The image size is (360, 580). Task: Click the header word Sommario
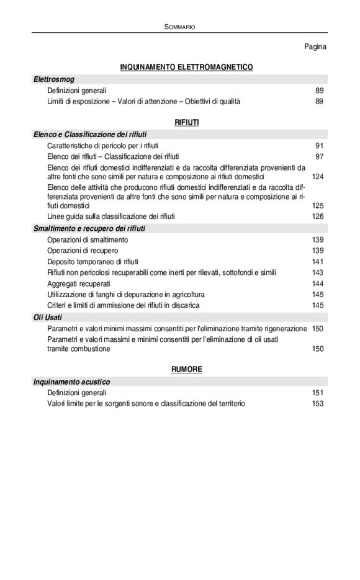click(x=180, y=27)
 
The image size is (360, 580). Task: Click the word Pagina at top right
click(x=315, y=47)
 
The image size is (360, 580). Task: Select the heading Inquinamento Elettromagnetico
click(x=186, y=67)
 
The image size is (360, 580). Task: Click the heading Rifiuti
click(x=187, y=123)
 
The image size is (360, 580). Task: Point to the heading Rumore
click(x=186, y=369)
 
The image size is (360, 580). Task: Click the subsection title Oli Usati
click(x=48, y=317)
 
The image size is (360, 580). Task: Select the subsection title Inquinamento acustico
click(x=71, y=382)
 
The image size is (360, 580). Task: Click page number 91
click(x=319, y=145)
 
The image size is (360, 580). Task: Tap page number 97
click(x=319, y=156)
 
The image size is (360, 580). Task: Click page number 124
click(x=317, y=177)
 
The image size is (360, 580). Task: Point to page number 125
click(x=317, y=205)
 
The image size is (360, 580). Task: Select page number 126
click(x=317, y=216)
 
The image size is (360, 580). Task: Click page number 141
click(x=317, y=261)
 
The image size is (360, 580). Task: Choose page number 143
click(x=317, y=272)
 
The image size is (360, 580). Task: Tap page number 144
click(x=317, y=283)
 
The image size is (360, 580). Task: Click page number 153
click(x=317, y=404)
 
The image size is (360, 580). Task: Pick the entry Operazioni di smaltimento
click(x=88, y=239)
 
